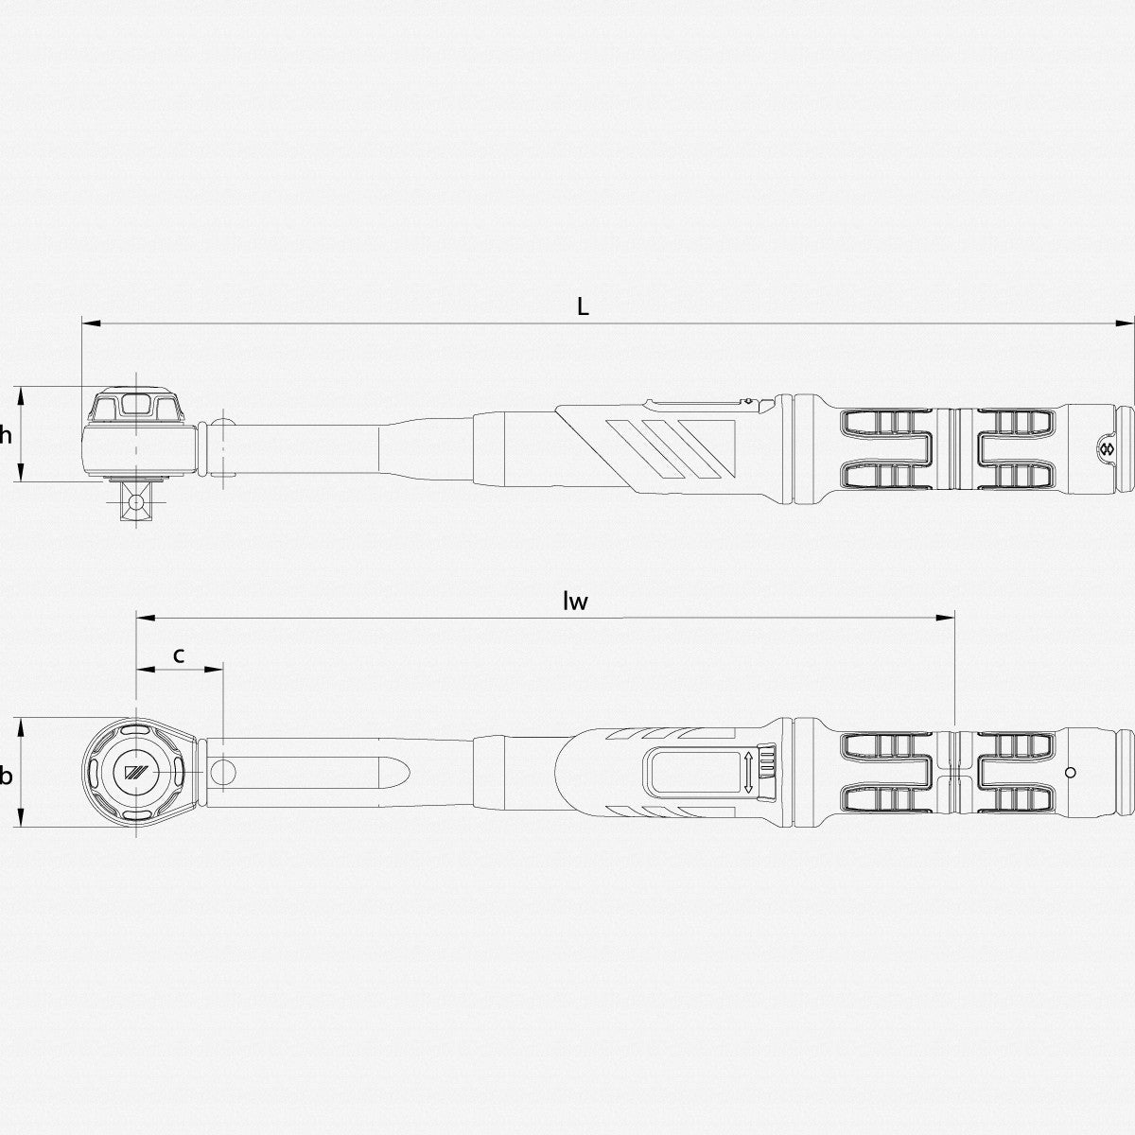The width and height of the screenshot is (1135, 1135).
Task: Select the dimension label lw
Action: click(x=575, y=602)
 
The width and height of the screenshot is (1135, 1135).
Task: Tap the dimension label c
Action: click(x=179, y=654)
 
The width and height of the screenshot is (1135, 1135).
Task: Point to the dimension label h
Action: click(x=6, y=435)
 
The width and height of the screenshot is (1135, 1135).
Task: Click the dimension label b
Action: click(x=6, y=777)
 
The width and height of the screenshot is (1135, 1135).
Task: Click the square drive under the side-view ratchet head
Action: click(x=134, y=500)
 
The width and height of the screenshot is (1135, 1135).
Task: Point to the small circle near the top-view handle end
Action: click(x=1070, y=773)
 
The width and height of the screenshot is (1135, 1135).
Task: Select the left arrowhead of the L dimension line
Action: click(x=88, y=323)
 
